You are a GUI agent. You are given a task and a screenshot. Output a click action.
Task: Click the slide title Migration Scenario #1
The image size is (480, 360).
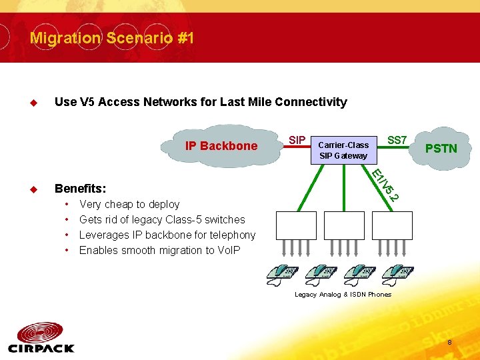(x=112, y=38)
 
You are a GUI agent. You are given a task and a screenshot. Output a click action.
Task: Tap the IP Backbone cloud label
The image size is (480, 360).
(x=221, y=145)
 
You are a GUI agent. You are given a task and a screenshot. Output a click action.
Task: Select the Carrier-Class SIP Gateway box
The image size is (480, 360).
(x=343, y=150)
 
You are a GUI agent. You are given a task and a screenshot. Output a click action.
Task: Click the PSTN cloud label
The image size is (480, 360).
(x=441, y=148)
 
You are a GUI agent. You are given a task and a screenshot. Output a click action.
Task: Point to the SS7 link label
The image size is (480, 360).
(x=397, y=140)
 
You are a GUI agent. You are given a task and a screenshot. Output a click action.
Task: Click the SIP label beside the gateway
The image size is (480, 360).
(x=297, y=140)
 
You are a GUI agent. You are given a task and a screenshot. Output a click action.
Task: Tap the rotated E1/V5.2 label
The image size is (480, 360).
(x=385, y=185)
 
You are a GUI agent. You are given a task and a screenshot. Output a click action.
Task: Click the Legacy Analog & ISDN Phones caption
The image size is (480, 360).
(x=343, y=295)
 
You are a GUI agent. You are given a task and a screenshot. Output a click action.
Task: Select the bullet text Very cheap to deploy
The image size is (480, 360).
(x=129, y=205)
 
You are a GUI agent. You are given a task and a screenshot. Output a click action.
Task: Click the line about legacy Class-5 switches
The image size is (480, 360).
(x=162, y=220)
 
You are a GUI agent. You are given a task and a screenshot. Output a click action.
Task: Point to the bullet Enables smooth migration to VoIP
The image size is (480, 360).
(x=159, y=251)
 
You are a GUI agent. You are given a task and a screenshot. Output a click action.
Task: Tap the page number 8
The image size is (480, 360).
(x=450, y=343)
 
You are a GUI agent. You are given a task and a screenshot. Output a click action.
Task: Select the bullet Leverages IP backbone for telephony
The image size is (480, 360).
(x=167, y=235)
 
